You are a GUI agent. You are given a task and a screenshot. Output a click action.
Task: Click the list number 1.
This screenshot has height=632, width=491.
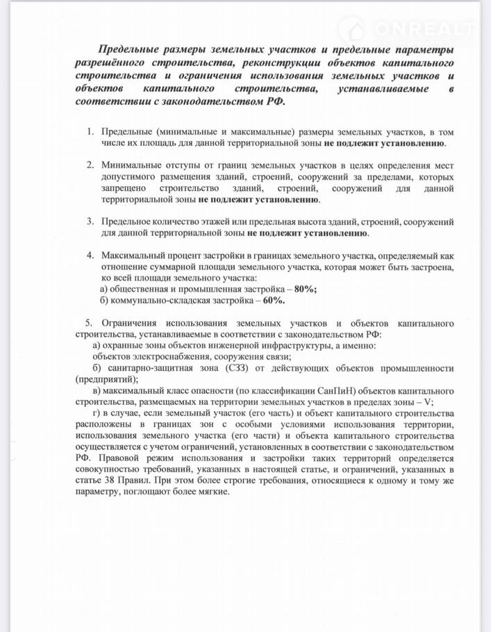(90, 131)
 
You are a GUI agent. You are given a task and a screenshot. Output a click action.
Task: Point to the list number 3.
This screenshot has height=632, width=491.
(90, 221)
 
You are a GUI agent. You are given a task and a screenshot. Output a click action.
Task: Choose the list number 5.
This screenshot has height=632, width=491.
(88, 324)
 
